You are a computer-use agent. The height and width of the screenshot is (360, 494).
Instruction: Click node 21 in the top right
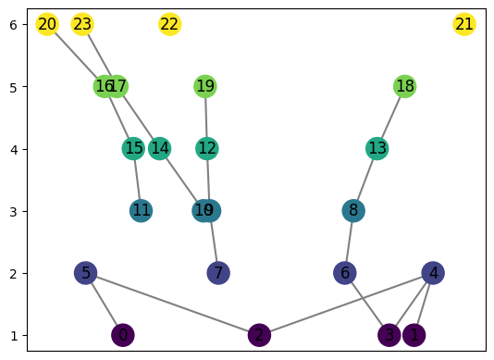click(x=464, y=24)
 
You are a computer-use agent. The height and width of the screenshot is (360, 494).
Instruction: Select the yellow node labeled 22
click(x=169, y=24)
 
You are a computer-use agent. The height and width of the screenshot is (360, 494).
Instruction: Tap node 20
click(x=47, y=24)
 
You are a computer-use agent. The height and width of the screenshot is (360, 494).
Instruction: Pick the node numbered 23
click(x=82, y=24)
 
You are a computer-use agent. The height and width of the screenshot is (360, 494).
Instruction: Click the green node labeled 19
click(x=205, y=86)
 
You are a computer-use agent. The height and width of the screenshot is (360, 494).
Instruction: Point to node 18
click(x=404, y=86)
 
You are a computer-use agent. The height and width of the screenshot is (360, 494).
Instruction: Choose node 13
click(x=377, y=148)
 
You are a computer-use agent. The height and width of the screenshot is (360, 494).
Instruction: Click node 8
click(x=353, y=211)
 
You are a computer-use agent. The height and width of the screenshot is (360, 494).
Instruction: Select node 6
click(x=345, y=273)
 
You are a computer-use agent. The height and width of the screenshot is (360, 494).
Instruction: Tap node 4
click(x=433, y=273)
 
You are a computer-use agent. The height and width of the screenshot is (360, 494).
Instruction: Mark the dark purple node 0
click(x=122, y=335)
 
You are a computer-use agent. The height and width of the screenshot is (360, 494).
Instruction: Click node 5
click(x=85, y=273)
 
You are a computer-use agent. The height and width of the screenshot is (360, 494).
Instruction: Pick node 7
click(x=218, y=273)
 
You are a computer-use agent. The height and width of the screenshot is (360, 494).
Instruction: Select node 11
click(x=141, y=211)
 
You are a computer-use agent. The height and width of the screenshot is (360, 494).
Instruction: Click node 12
click(x=207, y=148)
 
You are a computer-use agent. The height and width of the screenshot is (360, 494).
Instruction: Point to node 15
click(x=134, y=148)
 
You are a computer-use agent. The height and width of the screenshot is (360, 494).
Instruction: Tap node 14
click(x=159, y=148)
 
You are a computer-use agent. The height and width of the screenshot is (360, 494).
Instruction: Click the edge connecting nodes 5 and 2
click(x=172, y=304)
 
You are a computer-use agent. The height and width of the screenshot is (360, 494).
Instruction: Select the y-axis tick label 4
click(x=13, y=149)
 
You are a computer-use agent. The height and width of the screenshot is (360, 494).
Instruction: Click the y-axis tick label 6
click(x=13, y=24)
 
